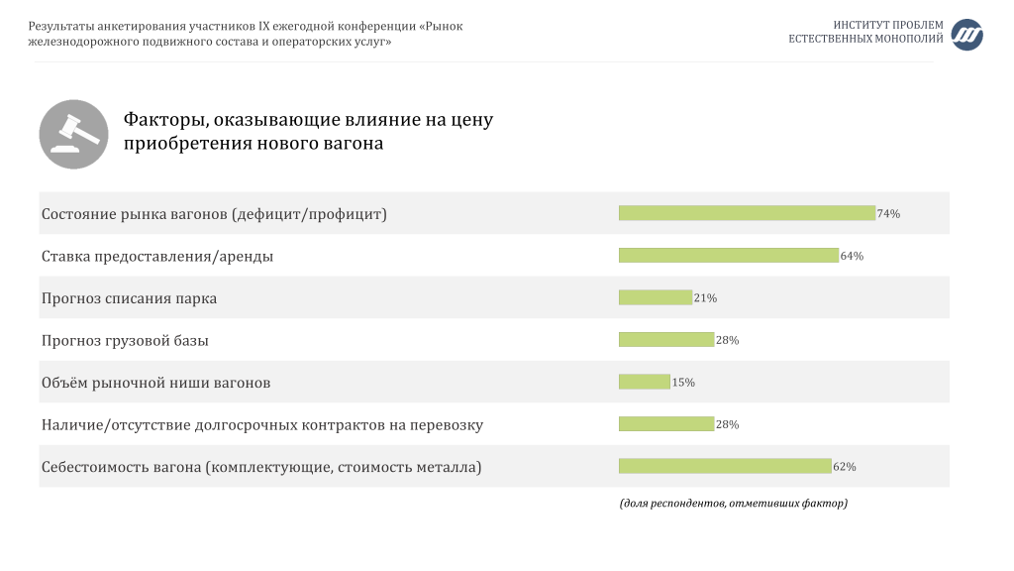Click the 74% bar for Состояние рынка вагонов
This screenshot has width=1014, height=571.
point(747,213)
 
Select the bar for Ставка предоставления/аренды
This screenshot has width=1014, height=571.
point(729,255)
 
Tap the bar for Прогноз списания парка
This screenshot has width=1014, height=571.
point(656,297)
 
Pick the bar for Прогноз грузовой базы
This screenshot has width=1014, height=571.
point(666,339)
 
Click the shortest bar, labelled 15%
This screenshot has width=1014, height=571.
point(644,382)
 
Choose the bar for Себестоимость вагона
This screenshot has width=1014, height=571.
point(725,466)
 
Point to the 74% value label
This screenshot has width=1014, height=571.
point(888,214)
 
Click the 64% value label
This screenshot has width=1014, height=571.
point(852,256)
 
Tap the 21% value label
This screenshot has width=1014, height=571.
point(705,297)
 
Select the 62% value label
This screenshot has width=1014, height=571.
point(845,467)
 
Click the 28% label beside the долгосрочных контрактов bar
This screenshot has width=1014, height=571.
point(728,424)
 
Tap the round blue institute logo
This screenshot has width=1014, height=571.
point(966,35)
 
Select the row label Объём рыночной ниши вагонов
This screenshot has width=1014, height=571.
point(155,383)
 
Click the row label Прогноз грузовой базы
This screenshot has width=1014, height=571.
point(125,341)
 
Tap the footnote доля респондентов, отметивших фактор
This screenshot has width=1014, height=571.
point(734,503)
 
